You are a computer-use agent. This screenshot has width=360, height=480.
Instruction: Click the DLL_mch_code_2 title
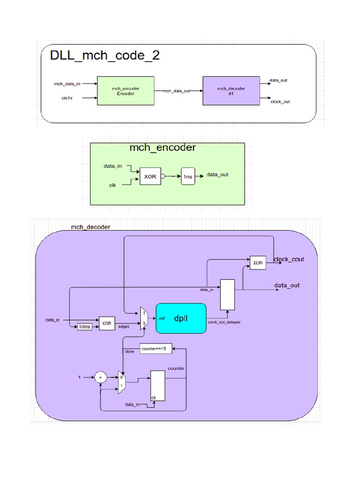point(105,56)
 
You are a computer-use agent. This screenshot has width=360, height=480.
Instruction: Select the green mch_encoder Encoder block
point(125,91)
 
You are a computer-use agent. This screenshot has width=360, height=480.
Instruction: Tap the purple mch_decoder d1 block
point(231,91)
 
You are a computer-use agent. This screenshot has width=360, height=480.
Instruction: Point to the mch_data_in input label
point(67,84)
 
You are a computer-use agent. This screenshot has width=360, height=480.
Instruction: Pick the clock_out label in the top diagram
point(280,101)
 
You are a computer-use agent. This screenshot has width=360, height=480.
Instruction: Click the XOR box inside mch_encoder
point(150,177)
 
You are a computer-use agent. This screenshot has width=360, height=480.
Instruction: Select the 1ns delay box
point(187,176)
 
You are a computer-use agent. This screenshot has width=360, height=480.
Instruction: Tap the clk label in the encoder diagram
point(112,185)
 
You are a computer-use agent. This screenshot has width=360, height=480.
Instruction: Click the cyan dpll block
point(180,318)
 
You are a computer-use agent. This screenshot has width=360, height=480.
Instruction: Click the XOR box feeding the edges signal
point(107,323)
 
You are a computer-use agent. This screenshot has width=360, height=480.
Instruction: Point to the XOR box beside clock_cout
point(258,263)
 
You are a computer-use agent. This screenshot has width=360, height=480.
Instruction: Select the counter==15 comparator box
point(157,349)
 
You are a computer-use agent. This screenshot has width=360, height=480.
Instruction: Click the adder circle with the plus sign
point(100,376)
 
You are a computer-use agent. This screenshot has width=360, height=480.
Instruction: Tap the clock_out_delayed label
point(224,322)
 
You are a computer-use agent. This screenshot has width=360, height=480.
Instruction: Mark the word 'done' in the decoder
point(129,351)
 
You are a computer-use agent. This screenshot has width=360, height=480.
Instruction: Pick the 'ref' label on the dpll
point(162,318)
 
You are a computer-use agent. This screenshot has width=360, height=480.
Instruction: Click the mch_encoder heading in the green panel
point(162,148)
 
